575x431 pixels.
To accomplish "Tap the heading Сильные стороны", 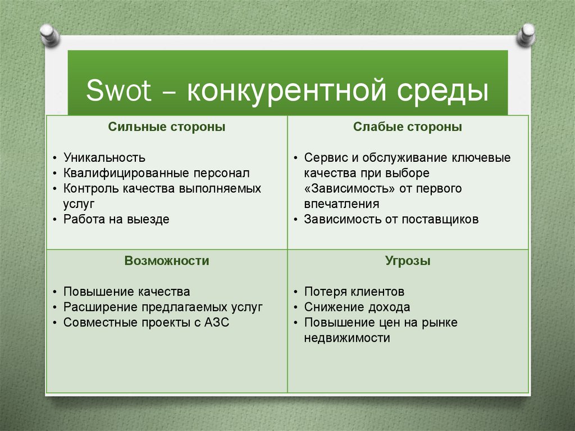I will coord(167,128).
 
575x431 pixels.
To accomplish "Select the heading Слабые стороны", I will coord(408,128).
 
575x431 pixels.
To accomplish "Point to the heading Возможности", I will coord(167,261).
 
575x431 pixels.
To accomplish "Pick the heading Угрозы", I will coord(408,261).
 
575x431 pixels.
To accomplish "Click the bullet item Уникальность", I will coord(104,158).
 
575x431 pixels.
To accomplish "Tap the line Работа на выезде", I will coord(116,220).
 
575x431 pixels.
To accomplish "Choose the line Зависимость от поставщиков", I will coord(391,220).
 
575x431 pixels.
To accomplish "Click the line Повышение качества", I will coord(126,292).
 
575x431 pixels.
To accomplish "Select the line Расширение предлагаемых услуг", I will coord(163,307).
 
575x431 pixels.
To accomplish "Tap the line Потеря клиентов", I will coord(354,292).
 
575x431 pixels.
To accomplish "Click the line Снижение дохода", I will coord(357,307).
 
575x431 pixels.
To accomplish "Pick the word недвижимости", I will coord(346,338).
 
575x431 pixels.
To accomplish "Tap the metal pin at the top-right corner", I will coord(526,34).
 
